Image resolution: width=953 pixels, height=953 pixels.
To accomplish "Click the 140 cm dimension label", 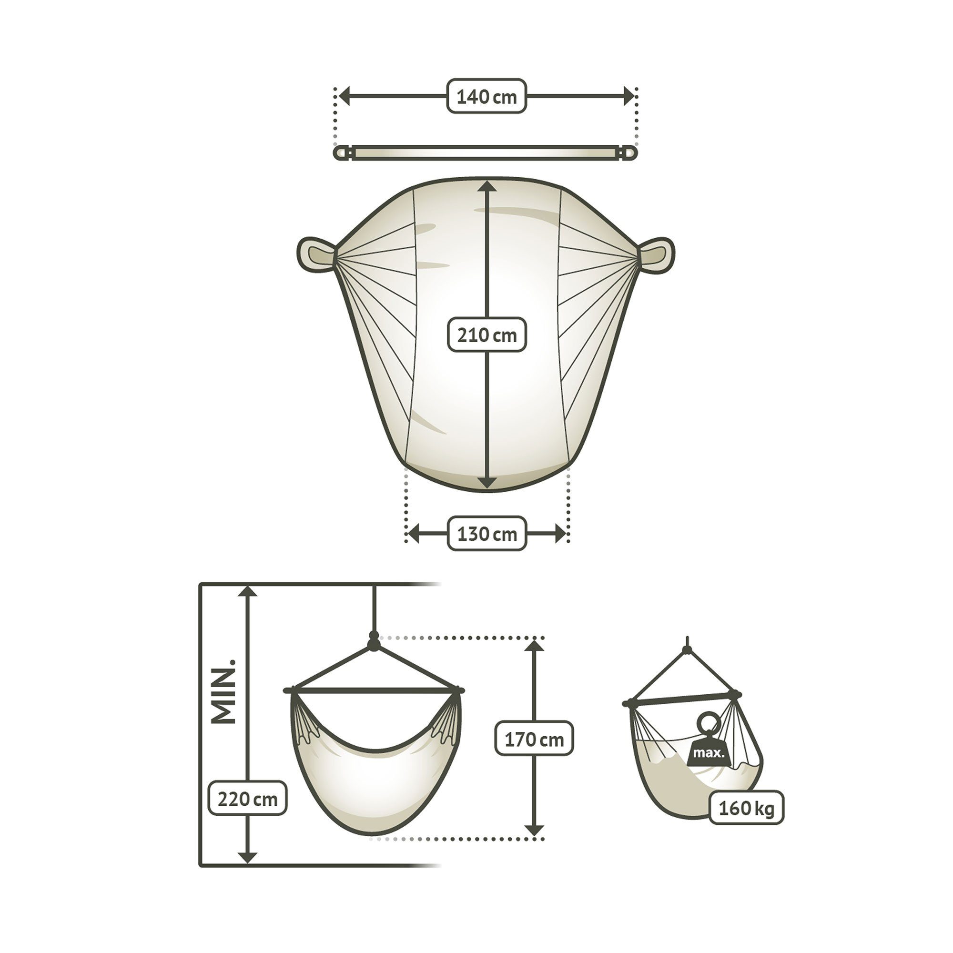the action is pos(487,96).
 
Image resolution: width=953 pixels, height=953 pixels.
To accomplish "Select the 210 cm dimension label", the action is pos(487,335).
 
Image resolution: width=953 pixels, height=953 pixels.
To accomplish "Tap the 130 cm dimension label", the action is pos(487,534).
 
